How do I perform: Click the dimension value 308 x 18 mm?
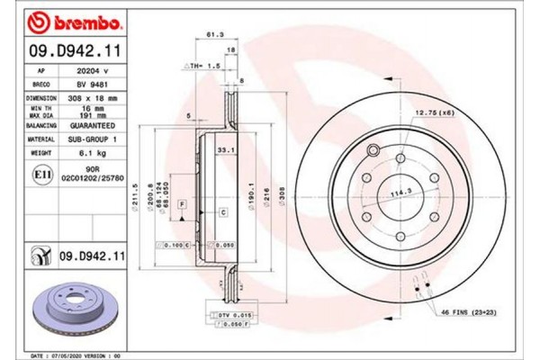94,94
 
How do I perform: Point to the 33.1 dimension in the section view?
226,149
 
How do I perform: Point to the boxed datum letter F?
183,206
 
